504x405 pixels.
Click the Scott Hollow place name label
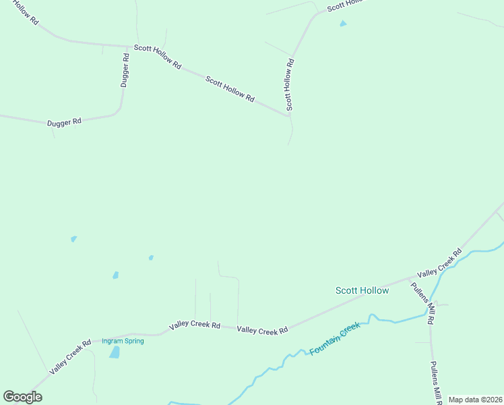(x=362, y=290)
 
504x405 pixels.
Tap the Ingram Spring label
(x=123, y=341)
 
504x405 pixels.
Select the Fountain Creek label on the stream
(x=335, y=339)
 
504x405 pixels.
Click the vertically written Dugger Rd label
(x=125, y=71)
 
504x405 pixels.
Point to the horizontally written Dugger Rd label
(x=64, y=122)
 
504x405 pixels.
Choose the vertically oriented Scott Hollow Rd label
(x=289, y=85)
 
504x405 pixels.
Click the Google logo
(x=22, y=397)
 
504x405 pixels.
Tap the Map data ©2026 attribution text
(x=475, y=400)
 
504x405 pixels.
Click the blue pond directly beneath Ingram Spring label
(x=115, y=352)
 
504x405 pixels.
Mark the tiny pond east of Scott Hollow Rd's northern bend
(x=343, y=24)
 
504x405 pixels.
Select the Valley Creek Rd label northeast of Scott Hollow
(x=439, y=264)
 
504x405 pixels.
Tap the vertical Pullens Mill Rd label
(x=435, y=381)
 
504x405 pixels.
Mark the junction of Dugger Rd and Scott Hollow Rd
(x=128, y=47)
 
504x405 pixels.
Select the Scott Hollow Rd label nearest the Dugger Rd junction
(x=157, y=56)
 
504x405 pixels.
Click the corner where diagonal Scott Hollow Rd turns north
(x=289, y=115)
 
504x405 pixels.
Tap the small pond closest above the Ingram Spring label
(x=115, y=275)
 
